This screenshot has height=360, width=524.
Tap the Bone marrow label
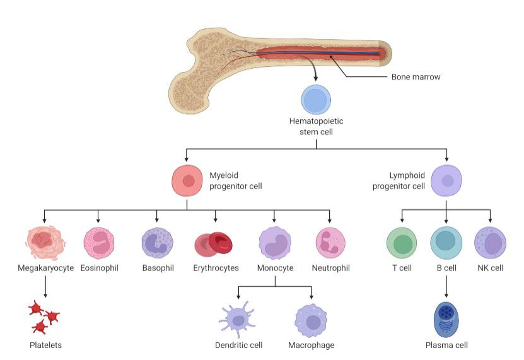(x=416, y=78)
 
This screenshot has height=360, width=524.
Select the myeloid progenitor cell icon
(x=187, y=180)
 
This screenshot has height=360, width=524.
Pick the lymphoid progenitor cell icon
(x=446, y=180)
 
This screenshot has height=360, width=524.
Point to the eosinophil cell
(x=99, y=244)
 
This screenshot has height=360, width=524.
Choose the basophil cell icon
(x=157, y=244)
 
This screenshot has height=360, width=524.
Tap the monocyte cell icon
(x=274, y=243)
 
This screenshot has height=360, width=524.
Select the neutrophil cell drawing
(x=330, y=244)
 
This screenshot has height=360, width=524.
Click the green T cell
(x=402, y=243)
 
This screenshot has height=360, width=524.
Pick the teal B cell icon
(x=446, y=243)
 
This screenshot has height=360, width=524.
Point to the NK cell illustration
(x=491, y=243)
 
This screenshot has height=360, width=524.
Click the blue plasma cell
(x=446, y=319)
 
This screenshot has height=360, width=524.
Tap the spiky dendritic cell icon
(x=238, y=320)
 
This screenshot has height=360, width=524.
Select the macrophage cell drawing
(x=311, y=320)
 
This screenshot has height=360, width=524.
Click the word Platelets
(x=46, y=345)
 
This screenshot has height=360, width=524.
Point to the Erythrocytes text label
(x=216, y=268)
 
